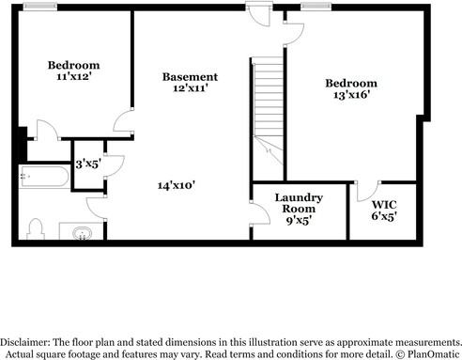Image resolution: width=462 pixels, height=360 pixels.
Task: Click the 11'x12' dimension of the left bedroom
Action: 74,76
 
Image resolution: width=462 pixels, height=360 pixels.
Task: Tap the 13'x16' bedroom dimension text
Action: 352,94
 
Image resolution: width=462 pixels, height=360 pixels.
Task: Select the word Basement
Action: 190,77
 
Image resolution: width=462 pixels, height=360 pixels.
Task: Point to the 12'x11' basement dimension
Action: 191,87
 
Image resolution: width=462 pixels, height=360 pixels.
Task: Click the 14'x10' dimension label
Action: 177,185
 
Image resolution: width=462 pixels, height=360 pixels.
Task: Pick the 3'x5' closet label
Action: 88,164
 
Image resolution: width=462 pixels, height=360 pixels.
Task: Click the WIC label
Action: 384,205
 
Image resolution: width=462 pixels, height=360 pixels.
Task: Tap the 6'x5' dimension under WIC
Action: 384,216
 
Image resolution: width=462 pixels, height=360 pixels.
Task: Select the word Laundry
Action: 299,197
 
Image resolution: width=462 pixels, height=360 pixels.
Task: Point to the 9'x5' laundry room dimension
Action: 299,220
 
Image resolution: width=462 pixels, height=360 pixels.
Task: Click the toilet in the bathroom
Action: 35,228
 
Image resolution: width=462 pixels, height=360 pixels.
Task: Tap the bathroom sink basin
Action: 83,233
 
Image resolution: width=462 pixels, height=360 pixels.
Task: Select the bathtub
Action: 44,177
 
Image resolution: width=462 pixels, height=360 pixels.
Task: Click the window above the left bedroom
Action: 40,7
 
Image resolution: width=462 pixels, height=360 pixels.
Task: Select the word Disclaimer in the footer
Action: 24,342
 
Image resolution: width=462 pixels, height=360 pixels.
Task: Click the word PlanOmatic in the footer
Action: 433,354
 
